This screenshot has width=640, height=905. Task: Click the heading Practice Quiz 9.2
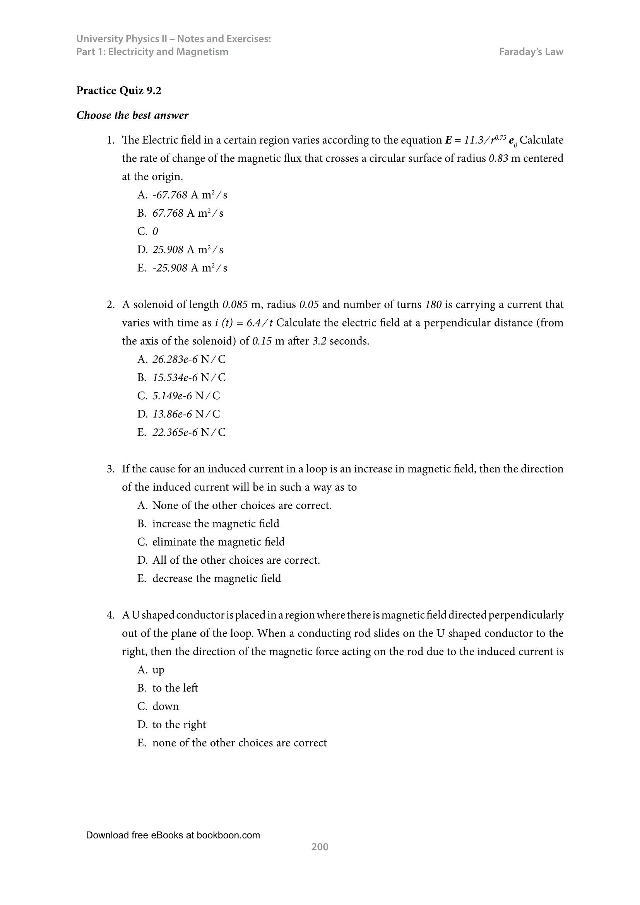[x=119, y=91]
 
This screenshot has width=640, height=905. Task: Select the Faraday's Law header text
[x=531, y=51]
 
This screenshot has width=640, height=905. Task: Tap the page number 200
[x=320, y=847]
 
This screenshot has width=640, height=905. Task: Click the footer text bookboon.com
[x=228, y=835]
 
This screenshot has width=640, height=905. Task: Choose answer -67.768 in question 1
[x=170, y=195]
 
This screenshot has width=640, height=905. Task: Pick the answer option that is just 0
[x=155, y=231]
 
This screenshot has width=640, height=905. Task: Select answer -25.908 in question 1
[x=170, y=268]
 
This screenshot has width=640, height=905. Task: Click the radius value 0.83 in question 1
[x=498, y=159]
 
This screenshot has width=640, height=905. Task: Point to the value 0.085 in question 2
[x=235, y=305]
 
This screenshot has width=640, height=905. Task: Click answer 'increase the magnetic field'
[x=216, y=523]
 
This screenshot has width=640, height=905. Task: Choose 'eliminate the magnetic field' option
[x=218, y=542]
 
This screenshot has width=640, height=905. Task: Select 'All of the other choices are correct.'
[x=236, y=560]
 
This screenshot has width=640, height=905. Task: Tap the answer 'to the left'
[x=175, y=688]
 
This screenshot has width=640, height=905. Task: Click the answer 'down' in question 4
[x=166, y=706]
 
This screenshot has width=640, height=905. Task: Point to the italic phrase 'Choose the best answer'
[x=132, y=115]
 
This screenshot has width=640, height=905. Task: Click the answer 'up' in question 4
[x=158, y=670]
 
